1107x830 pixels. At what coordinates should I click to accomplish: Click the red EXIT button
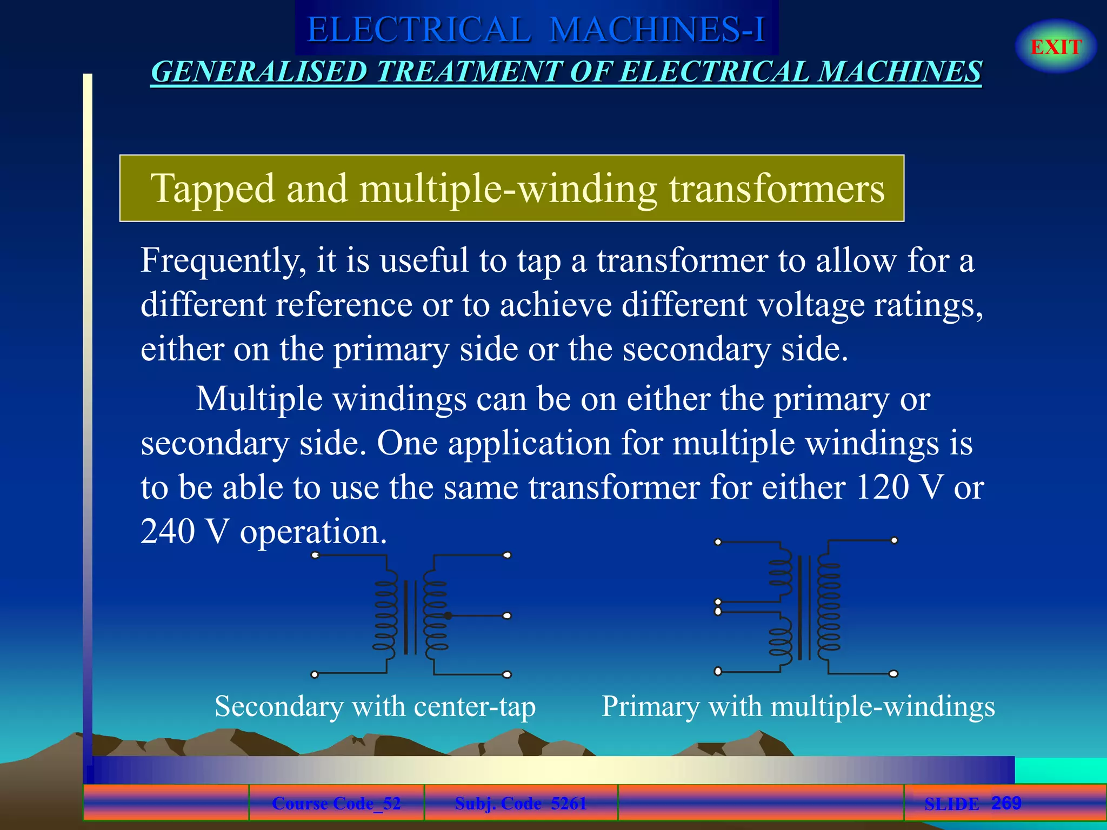(1056, 47)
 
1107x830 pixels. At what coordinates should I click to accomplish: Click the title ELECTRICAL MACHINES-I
(536, 29)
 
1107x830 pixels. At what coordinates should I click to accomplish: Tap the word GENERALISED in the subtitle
(259, 72)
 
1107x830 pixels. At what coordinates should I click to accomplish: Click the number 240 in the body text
(168, 532)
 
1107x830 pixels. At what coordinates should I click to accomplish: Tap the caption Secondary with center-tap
(375, 706)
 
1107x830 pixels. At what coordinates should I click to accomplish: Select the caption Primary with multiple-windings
(798, 706)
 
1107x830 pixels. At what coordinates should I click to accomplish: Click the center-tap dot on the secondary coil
(448, 615)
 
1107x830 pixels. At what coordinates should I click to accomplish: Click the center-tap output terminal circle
(507, 615)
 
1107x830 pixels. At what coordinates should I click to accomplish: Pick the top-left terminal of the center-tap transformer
(316, 555)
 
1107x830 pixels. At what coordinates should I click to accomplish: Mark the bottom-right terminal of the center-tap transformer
(507, 674)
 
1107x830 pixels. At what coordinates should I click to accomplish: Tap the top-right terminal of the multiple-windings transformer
(894, 540)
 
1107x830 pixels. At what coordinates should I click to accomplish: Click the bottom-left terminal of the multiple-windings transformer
(718, 672)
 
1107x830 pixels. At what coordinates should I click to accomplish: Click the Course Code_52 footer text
(336, 804)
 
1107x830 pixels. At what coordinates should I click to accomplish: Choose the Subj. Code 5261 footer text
(521, 804)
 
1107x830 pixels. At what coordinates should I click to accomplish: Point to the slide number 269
(1006, 803)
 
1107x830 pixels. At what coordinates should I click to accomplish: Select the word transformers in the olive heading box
(777, 189)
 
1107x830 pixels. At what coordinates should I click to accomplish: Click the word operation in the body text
(314, 532)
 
